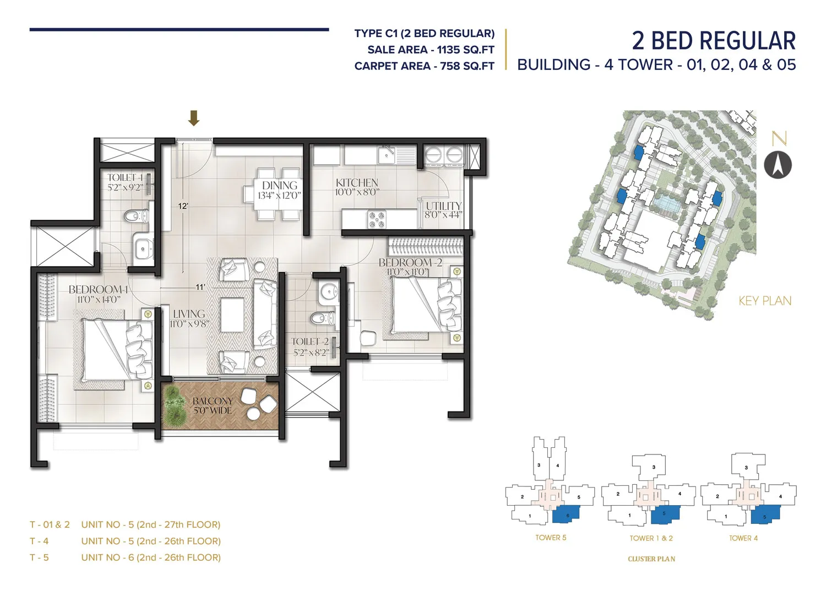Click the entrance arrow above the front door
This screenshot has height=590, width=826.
[193, 118]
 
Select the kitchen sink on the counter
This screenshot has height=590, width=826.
[387, 155]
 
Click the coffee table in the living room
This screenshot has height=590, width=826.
[232, 315]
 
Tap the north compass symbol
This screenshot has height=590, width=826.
[778, 165]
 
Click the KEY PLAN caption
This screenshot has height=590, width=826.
[764, 301]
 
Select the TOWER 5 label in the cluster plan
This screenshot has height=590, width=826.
[550, 538]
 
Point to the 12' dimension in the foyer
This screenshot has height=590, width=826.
[183, 206]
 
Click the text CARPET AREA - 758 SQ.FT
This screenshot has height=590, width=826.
[424, 66]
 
